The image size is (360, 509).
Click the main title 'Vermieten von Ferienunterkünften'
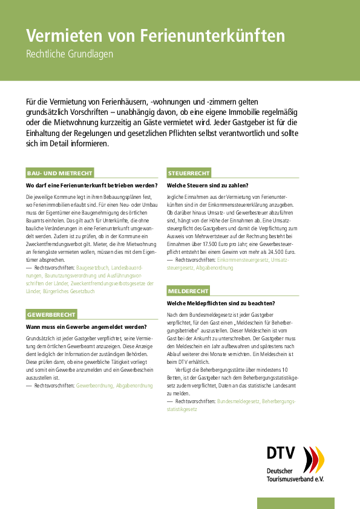click(x=155, y=36)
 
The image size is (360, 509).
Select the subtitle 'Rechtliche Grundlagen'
click(x=70, y=54)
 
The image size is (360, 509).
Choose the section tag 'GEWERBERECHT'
click(x=51, y=314)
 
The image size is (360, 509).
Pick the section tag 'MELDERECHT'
click(x=189, y=291)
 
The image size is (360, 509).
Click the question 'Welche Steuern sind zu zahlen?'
click(x=208, y=186)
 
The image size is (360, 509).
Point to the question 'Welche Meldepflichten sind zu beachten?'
click(x=220, y=303)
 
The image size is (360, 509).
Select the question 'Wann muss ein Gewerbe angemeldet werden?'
click(x=86, y=326)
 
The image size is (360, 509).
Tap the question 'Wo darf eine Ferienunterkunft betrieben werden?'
click(x=91, y=186)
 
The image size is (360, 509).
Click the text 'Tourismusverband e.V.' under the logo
click(x=295, y=479)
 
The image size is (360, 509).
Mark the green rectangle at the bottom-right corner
click(x=296, y=503)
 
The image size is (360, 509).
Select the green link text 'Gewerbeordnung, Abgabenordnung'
click(x=114, y=385)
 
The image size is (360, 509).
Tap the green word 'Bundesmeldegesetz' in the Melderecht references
click(x=238, y=401)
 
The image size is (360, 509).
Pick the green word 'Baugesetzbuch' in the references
click(x=94, y=267)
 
